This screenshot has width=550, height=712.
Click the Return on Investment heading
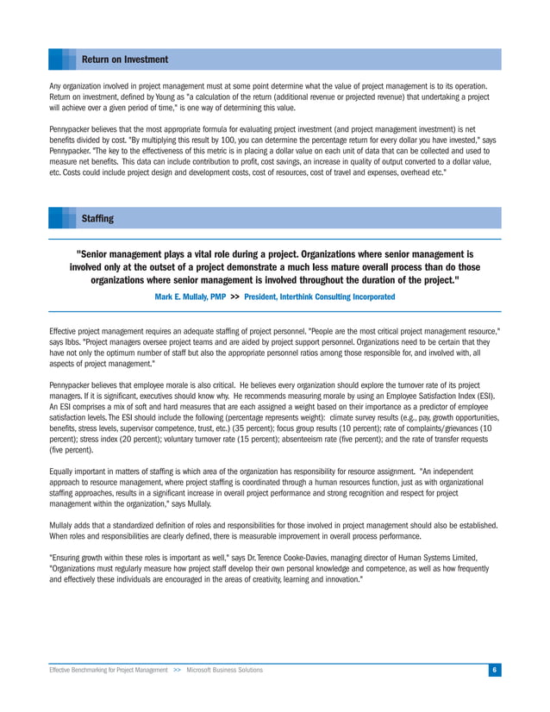click(124, 59)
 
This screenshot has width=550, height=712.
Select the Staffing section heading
click(97, 218)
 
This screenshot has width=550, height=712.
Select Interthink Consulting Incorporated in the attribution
click(319, 297)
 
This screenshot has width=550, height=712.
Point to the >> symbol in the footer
click(178, 670)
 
